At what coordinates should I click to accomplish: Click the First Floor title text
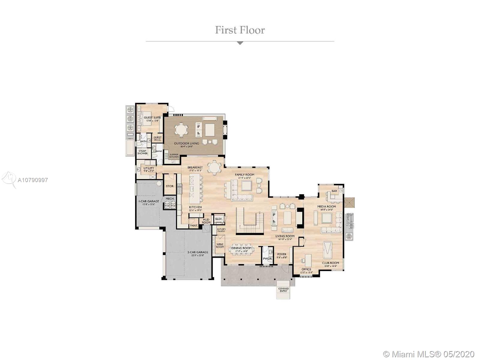pyautogui.click(x=240, y=30)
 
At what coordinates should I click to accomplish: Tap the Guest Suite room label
pyautogui.click(x=152, y=118)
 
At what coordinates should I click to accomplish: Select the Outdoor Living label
pyautogui.click(x=186, y=143)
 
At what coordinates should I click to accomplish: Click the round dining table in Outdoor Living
pyautogui.click(x=181, y=130)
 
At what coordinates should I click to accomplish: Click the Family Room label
pyautogui.click(x=244, y=175)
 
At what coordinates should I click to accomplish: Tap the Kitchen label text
pyautogui.click(x=195, y=207)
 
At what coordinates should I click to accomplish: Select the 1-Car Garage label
pyautogui.click(x=148, y=201)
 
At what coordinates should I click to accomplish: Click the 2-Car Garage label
pyautogui.click(x=197, y=252)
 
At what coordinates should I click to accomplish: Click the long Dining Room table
pyautogui.click(x=241, y=249)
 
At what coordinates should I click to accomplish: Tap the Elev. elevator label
pyautogui.click(x=219, y=219)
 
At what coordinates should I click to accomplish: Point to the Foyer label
pyautogui.click(x=281, y=254)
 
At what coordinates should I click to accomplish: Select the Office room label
pyautogui.click(x=306, y=269)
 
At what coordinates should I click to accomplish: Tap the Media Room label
pyautogui.click(x=326, y=206)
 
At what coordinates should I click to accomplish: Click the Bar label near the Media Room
pyautogui.click(x=334, y=191)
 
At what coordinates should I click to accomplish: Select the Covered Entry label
pyautogui.click(x=283, y=290)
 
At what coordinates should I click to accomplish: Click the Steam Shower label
pyautogui.click(x=142, y=152)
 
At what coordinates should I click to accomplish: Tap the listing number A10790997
pyautogui.click(x=33, y=180)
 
